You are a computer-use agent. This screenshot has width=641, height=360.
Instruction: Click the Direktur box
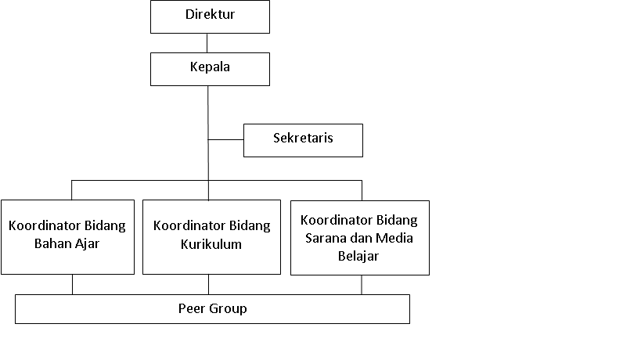(210, 16)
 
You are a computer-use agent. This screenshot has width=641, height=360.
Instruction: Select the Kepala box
(210, 69)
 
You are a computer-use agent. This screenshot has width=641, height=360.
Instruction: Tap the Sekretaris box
(303, 140)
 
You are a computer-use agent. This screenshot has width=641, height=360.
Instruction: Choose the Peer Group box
(212, 309)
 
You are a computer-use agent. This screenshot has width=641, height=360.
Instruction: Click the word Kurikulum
(211, 244)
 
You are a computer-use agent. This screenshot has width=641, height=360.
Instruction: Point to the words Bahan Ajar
(67, 244)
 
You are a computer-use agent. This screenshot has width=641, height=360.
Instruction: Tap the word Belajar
(358, 256)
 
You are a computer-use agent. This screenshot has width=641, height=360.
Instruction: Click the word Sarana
(324, 238)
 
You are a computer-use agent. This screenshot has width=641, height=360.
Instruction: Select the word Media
(394, 238)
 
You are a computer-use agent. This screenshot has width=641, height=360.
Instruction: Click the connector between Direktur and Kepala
(207, 43)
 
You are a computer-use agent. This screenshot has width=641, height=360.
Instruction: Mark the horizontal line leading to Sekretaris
(225, 140)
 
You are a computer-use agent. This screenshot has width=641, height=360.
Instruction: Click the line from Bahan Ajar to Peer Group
(72, 284)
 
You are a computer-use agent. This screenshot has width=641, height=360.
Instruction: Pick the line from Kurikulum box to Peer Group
(208, 284)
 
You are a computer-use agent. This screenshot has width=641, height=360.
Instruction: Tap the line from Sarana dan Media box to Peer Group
(362, 285)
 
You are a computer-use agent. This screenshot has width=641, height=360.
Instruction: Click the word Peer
(191, 308)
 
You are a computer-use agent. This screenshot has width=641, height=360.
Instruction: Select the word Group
(228, 309)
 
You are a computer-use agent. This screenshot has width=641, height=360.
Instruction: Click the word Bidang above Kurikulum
(250, 226)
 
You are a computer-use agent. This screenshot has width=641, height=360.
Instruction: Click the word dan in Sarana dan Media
(359, 238)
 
